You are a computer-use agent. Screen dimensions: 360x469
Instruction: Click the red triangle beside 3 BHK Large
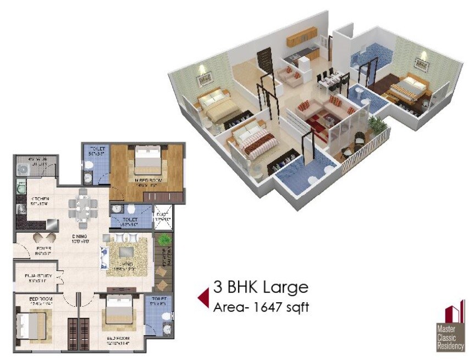203,297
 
